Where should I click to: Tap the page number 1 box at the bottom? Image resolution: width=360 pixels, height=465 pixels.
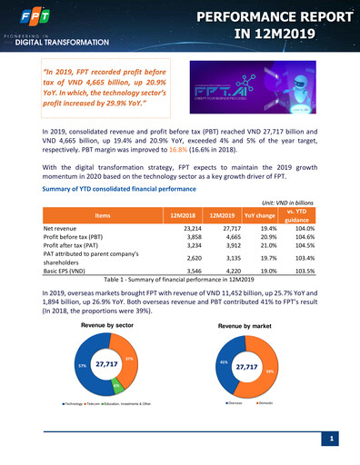coord(335,440)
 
